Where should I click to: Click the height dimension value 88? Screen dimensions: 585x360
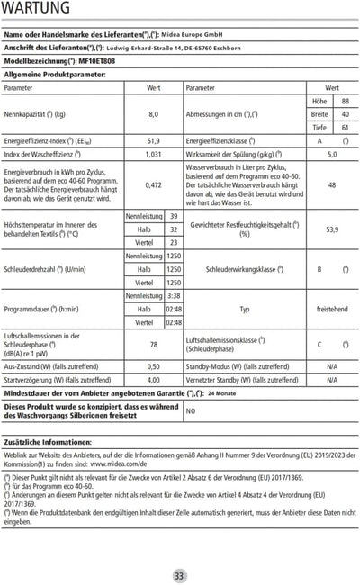(x=346, y=102)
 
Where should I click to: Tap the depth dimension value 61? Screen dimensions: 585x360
(x=346, y=128)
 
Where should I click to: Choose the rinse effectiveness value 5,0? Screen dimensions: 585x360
(x=332, y=154)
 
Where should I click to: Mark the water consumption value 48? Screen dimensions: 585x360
(x=332, y=185)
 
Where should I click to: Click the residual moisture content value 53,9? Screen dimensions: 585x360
(x=332, y=229)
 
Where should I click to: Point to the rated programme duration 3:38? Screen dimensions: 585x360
(x=174, y=295)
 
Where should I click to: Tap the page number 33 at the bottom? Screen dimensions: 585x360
(x=179, y=575)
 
